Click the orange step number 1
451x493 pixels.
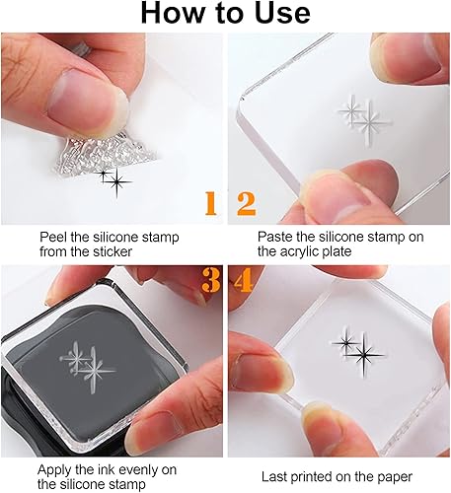click(211, 203)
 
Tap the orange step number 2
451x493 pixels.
click(246, 204)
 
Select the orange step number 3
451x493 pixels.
click(211, 280)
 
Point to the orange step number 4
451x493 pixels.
click(243, 280)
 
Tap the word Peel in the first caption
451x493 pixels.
click(51, 237)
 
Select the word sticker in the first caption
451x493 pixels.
click(113, 251)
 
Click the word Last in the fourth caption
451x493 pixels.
click(273, 476)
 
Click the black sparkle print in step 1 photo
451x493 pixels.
click(113, 180)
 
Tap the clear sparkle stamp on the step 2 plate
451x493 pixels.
click(365, 119)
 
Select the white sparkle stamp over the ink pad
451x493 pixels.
click(88, 367)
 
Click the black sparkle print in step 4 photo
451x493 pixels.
click(358, 352)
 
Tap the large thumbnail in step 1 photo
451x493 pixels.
click(86, 102)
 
